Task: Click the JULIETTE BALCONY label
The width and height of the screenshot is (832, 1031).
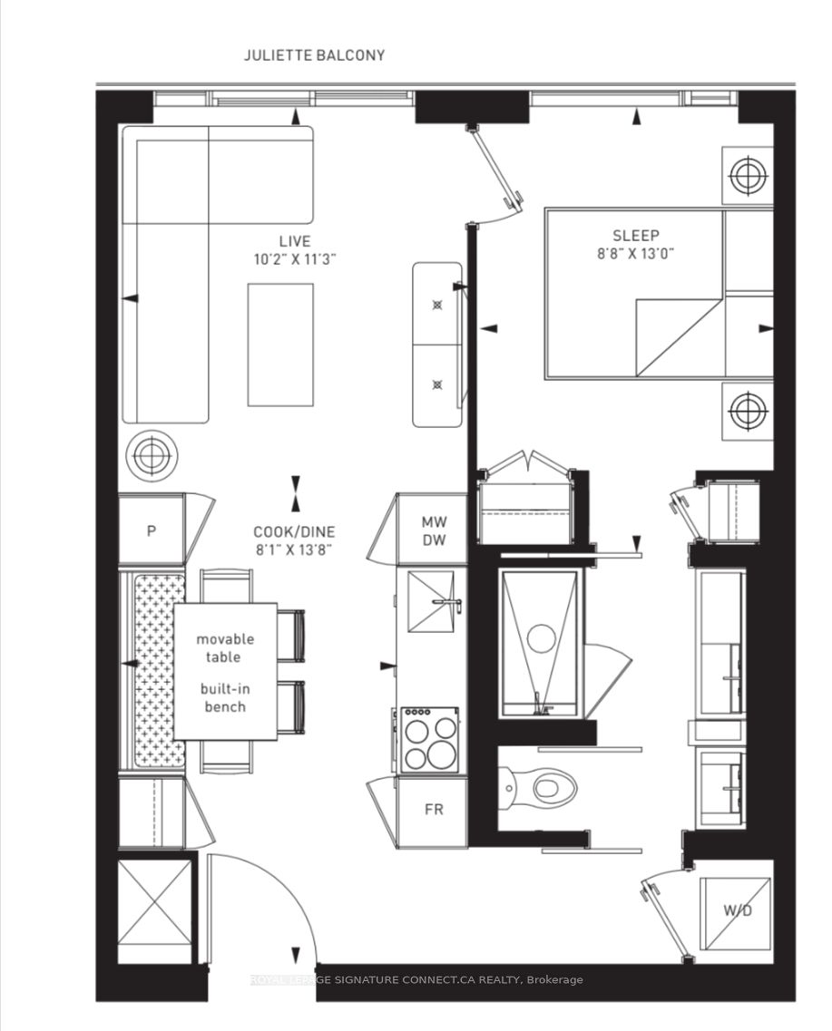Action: pos(314,55)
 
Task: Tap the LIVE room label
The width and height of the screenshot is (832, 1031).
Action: pos(295,241)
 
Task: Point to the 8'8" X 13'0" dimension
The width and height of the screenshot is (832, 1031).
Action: pos(635,254)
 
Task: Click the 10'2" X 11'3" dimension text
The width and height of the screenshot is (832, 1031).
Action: pos(295,258)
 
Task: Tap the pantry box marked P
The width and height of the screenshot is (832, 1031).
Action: pos(152,530)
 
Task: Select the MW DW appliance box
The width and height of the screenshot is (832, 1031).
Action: pos(432,530)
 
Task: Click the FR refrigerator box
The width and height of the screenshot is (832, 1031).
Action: pos(434,809)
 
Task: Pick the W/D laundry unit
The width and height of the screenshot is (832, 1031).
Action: pos(736,910)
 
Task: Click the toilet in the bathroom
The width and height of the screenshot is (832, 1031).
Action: pos(542,784)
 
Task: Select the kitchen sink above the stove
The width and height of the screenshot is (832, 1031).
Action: pos(432,601)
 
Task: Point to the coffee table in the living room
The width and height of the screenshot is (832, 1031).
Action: pos(280,345)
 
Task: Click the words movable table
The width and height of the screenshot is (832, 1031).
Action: pos(225,647)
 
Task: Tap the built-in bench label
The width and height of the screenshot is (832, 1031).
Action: pos(224,698)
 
